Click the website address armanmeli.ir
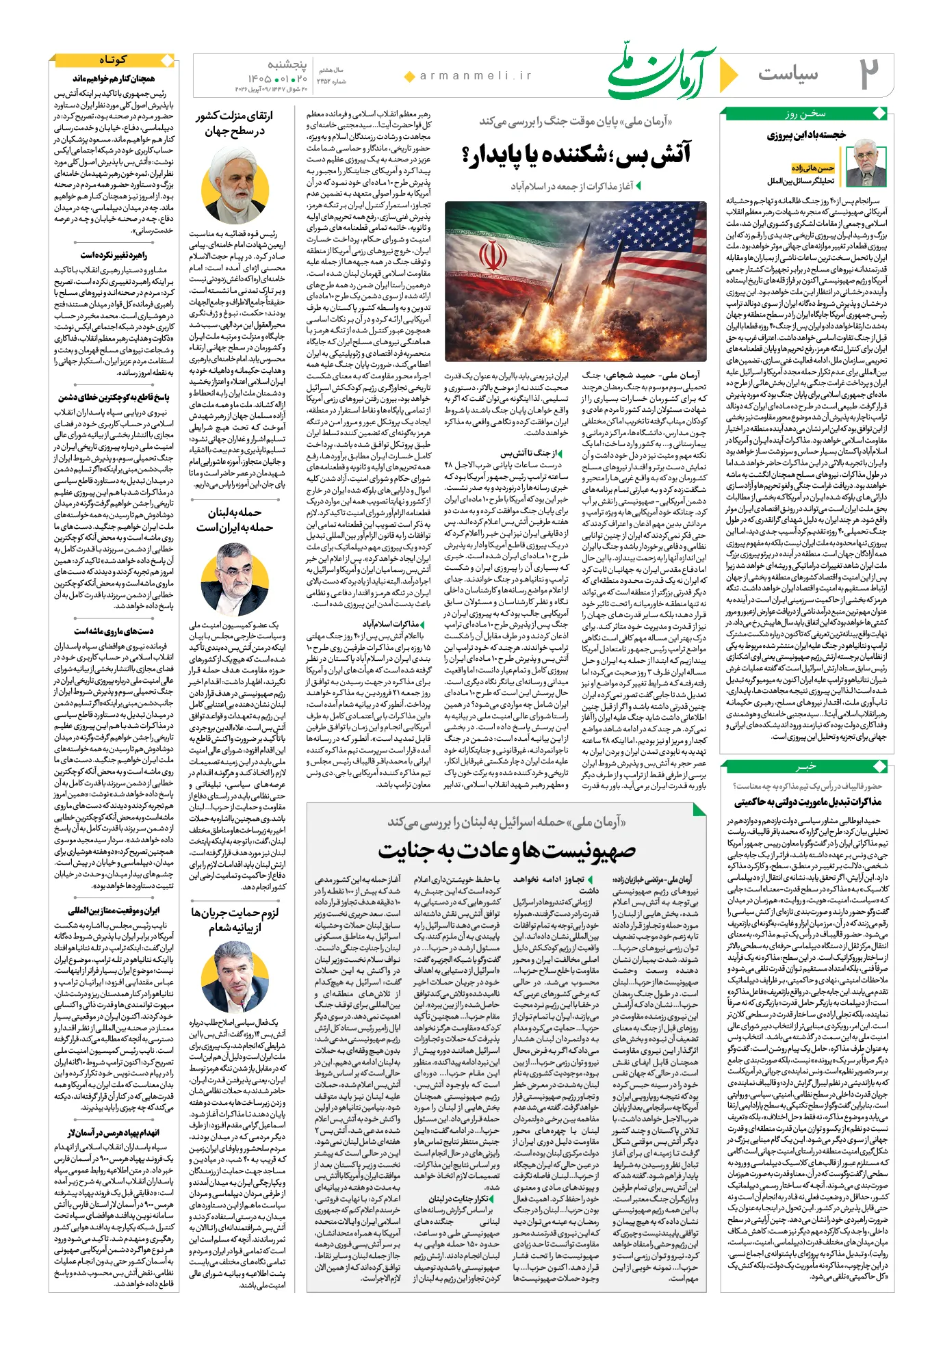(476, 76)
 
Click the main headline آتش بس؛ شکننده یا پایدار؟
(577, 155)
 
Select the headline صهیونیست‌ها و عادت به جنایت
(507, 850)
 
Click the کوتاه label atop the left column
(112, 60)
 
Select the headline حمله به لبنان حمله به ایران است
(235, 520)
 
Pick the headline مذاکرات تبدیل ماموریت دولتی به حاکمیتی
(808, 802)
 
